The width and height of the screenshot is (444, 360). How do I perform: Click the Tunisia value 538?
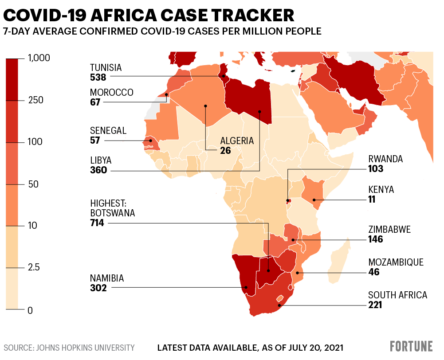pos(98,77)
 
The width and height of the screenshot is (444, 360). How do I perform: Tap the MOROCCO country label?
pos(111,92)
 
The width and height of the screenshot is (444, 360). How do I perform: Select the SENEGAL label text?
pos(108,131)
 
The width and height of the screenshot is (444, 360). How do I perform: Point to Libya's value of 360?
pos(98,170)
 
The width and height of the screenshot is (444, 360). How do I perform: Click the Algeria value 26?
pos(225,150)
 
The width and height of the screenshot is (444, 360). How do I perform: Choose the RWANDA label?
pos(385,159)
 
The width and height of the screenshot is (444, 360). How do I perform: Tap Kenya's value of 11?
pos(372,199)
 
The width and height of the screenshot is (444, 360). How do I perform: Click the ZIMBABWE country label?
pos(389,230)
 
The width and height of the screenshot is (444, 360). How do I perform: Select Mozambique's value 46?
pos(373,272)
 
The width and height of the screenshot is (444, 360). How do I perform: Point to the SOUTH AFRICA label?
pos(397,295)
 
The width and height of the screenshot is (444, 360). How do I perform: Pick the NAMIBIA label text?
pos(107,278)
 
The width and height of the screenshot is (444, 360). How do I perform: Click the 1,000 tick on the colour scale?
pos(39,58)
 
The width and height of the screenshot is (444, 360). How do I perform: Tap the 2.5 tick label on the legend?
pos(34,267)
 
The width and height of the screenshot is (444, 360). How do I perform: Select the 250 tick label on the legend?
pos(35,100)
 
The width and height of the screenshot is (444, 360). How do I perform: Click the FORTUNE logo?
pos(411,346)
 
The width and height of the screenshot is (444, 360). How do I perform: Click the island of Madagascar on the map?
pos(340,262)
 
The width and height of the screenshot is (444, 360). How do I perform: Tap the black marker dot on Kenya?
pos(314,200)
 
